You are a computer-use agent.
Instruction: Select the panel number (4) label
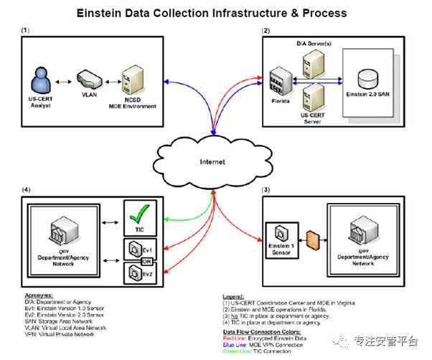coord(26,189)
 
